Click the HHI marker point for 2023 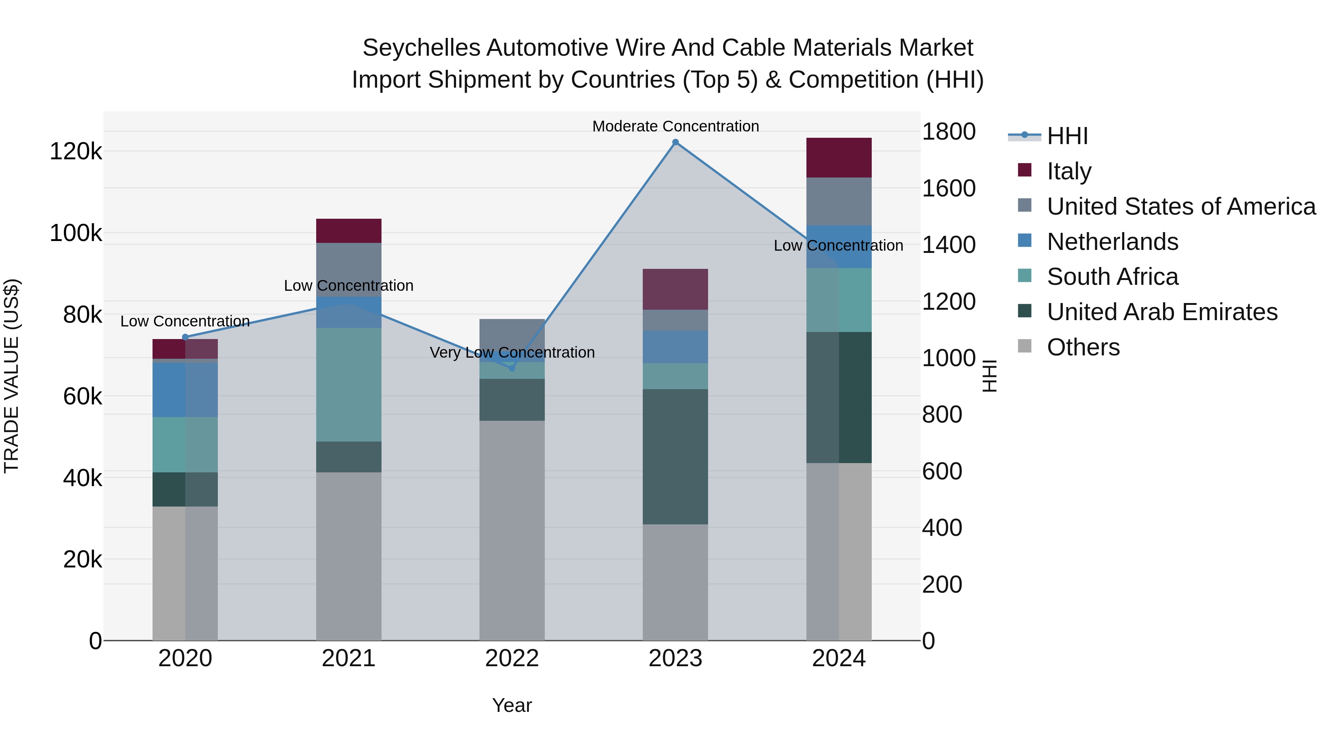675,142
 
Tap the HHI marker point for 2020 185,337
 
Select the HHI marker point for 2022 512,368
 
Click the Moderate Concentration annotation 675,126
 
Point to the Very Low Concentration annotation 512,352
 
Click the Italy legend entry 1068,171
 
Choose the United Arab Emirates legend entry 1162,312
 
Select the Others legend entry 1083,347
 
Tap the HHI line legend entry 1067,136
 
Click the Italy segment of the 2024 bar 839,158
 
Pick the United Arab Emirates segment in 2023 675,457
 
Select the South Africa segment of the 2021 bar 348,385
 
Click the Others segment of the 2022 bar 512,530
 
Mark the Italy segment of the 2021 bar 348,231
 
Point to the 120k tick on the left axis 76,152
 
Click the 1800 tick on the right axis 948,131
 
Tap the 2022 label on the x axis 512,658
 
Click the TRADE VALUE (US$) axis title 12,376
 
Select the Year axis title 512,705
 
